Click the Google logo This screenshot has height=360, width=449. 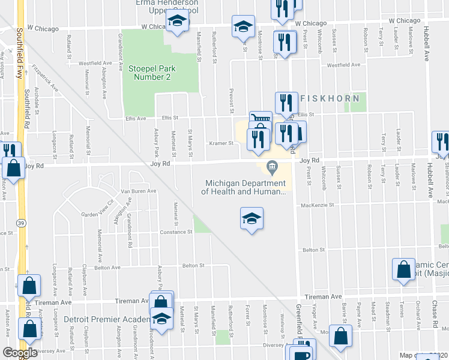click(20, 353)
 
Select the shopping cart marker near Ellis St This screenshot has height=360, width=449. click(261, 120)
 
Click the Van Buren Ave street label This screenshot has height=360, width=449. click(139, 191)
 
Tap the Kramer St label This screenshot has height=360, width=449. click(221, 143)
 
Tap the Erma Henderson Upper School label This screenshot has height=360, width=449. click(167, 6)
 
